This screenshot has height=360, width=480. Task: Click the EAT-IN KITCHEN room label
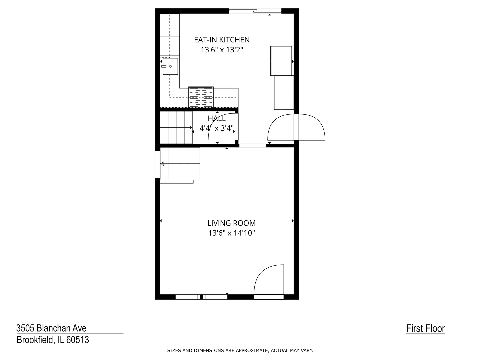click(x=222, y=40)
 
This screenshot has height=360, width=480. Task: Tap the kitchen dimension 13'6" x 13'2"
click(x=222, y=50)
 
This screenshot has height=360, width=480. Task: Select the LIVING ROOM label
click(x=231, y=223)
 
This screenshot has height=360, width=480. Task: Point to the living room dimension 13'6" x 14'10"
click(x=231, y=233)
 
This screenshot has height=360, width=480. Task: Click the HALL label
click(x=217, y=118)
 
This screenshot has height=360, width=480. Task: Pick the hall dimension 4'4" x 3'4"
click(x=217, y=128)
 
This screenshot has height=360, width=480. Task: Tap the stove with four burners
click(x=201, y=97)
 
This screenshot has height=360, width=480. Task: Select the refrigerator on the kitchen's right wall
click(x=281, y=61)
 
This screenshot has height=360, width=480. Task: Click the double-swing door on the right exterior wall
click(x=296, y=127)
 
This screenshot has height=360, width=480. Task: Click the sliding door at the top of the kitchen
click(x=255, y=11)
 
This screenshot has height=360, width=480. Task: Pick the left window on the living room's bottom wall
click(x=188, y=297)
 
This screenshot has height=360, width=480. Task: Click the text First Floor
click(x=425, y=329)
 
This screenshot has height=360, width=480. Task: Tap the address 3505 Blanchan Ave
click(x=51, y=328)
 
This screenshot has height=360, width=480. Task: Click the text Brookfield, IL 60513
click(x=53, y=340)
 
